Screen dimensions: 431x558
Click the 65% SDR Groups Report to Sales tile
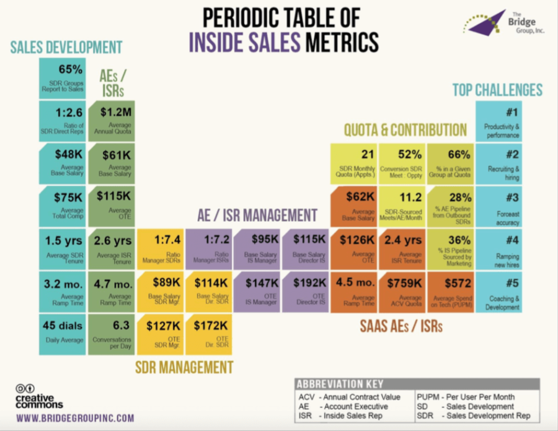tap(62, 78)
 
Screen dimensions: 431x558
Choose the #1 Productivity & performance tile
tap(499, 121)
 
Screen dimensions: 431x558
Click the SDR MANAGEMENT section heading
tap(184, 367)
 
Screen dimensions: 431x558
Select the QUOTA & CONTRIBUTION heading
tap(405, 129)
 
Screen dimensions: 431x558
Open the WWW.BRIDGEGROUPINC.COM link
tap(75, 418)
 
